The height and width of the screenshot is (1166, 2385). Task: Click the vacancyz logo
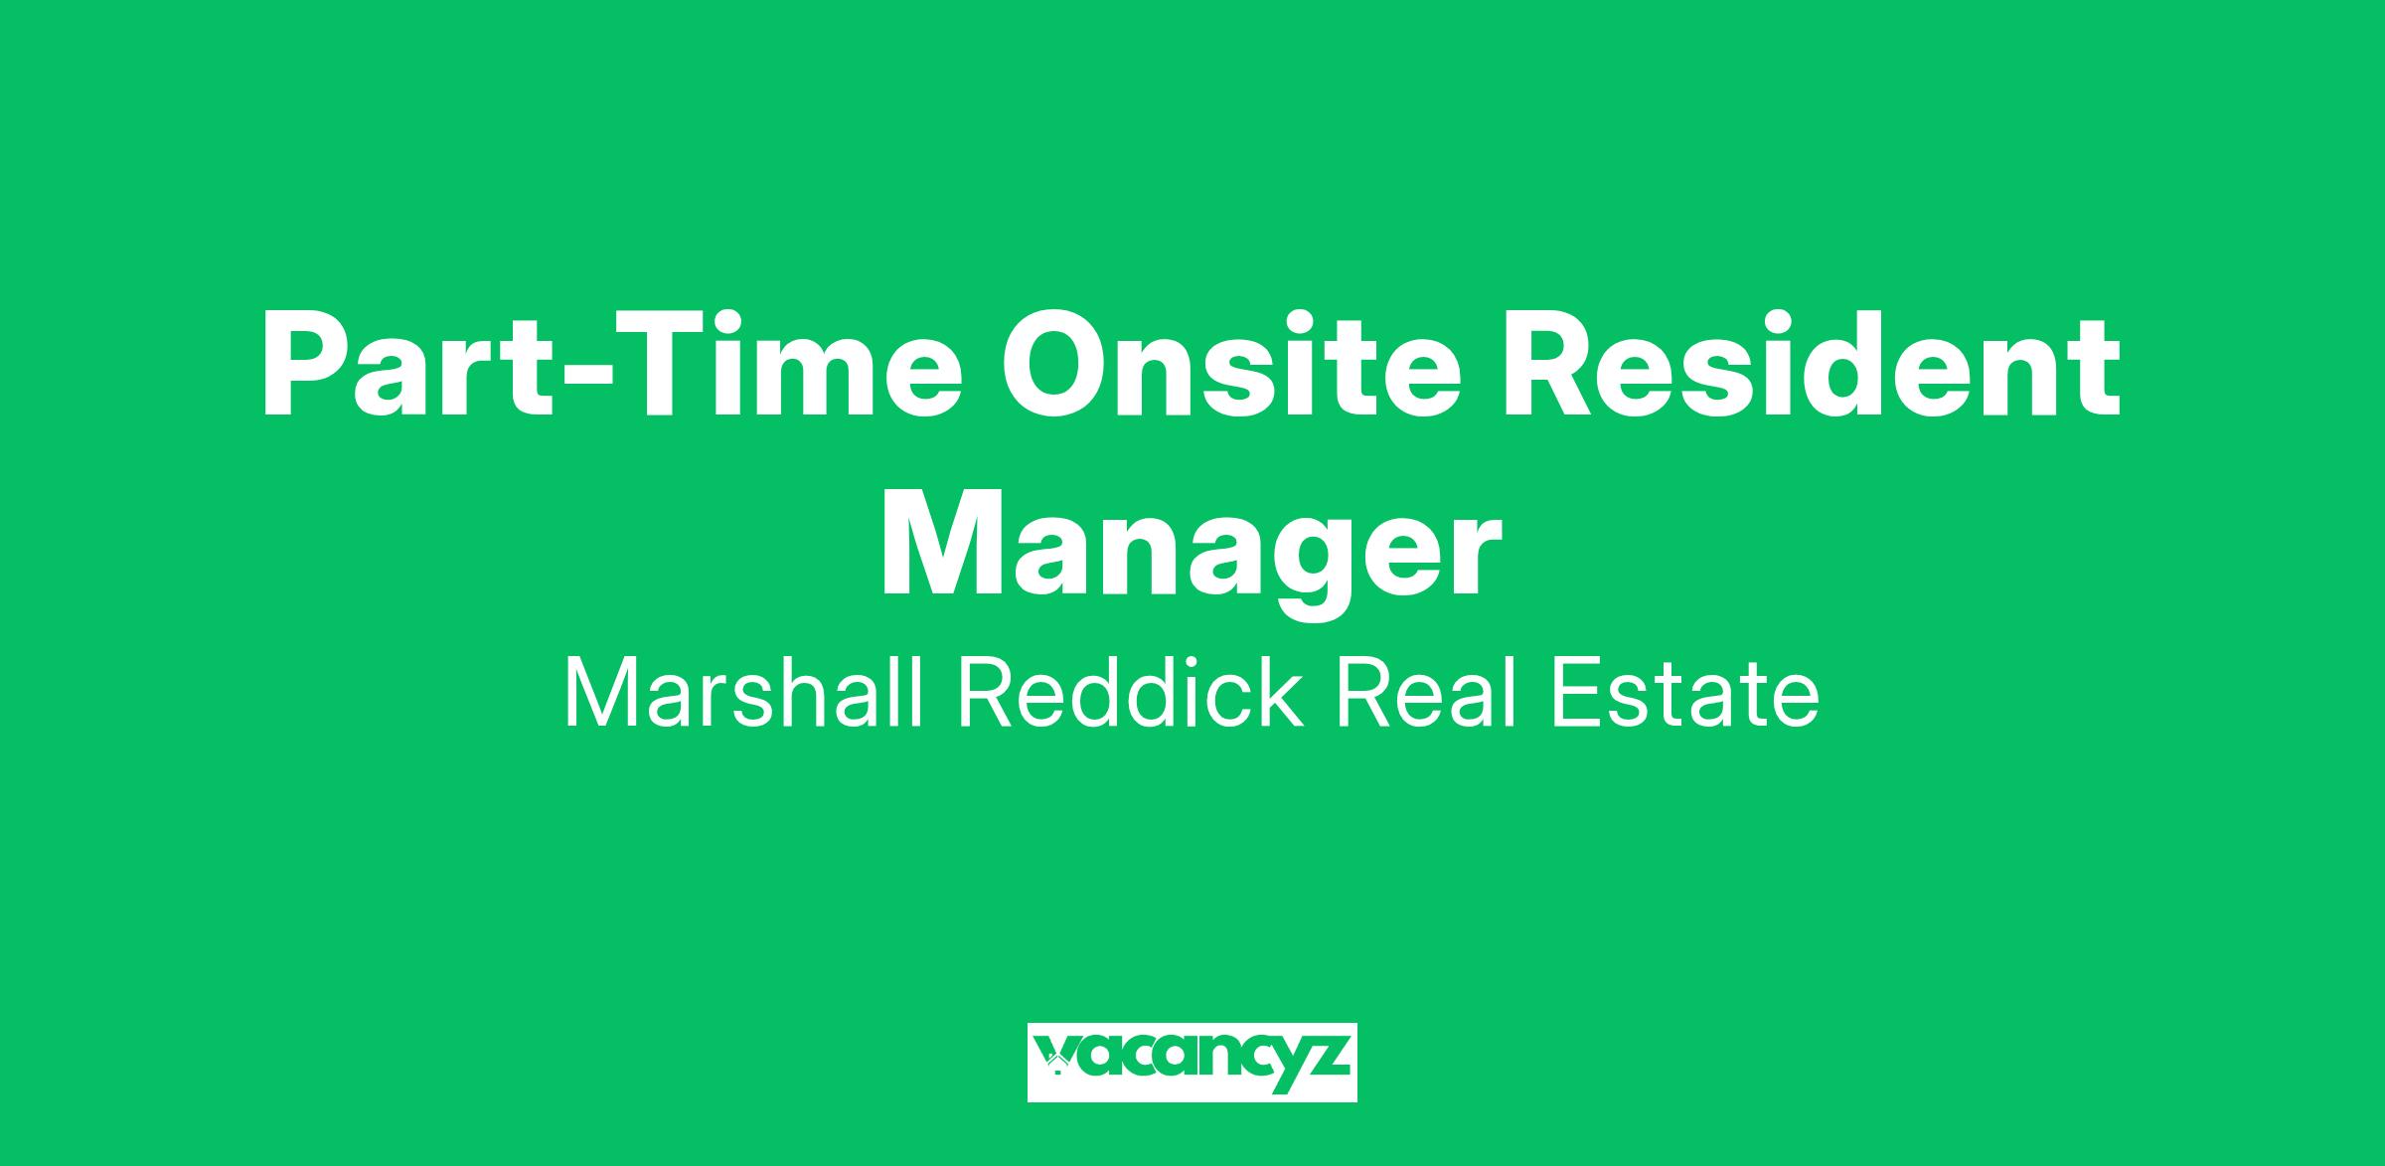(1192, 1062)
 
